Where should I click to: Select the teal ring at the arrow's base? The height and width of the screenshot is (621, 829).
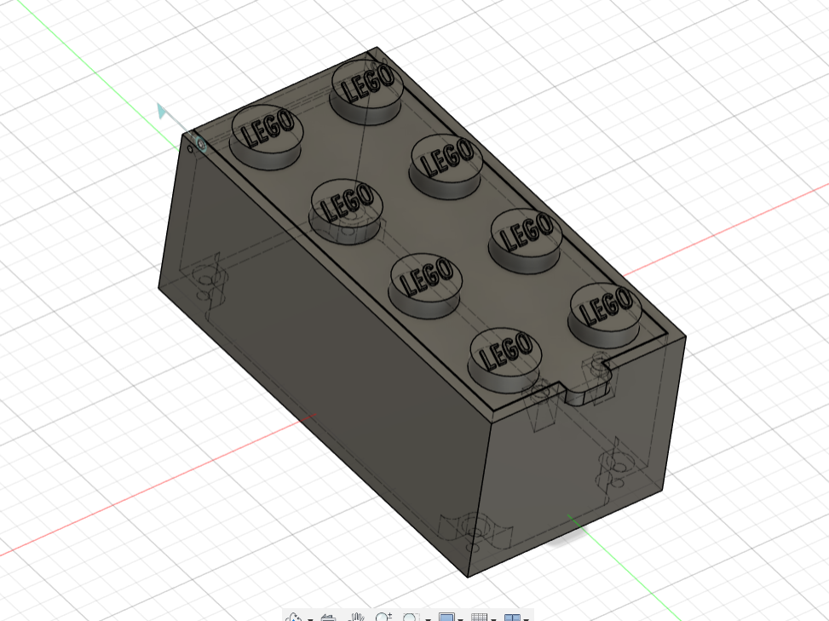(200, 143)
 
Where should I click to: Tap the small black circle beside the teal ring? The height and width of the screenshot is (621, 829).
(190, 150)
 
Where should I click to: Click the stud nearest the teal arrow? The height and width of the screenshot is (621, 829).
(267, 136)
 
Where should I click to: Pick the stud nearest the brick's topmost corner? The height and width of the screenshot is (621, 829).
(367, 91)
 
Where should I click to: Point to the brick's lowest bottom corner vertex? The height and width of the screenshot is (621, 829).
(468, 577)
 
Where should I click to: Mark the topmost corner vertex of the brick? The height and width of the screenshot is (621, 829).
(377, 48)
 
